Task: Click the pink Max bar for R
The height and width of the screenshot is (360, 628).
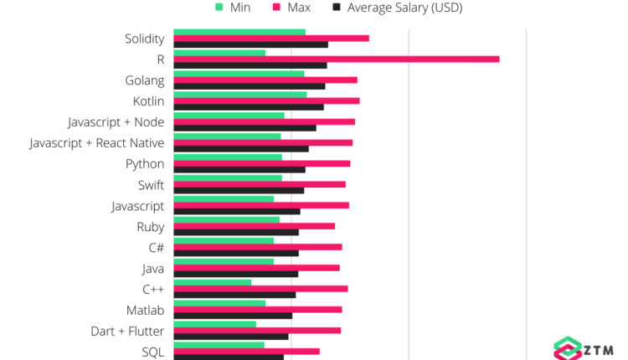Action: pyautogui.click(x=335, y=59)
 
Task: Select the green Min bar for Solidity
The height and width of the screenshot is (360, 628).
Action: pyautogui.click(x=239, y=32)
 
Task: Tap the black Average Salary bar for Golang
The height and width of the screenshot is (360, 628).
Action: pyautogui.click(x=249, y=86)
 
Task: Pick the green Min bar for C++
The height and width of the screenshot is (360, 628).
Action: pyautogui.click(x=212, y=282)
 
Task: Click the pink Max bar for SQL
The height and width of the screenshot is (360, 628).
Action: pyautogui.click(x=246, y=351)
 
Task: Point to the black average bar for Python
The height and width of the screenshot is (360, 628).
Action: pyautogui.click(x=239, y=170)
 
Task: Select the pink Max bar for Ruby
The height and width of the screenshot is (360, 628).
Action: pyautogui.click(x=254, y=226)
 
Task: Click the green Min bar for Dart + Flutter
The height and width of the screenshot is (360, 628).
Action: pyautogui.click(x=214, y=324)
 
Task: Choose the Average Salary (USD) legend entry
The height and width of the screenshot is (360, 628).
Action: pyautogui.click(x=397, y=8)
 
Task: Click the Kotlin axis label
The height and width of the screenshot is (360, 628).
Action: pyautogui.click(x=148, y=101)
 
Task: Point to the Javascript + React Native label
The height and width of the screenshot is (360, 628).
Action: pyautogui.click(x=96, y=143)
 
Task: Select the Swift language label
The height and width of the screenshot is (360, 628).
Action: pyautogui.click(x=151, y=185)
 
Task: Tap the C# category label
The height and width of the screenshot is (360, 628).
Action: pyautogui.click(x=156, y=248)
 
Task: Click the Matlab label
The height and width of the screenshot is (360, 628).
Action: pyautogui.click(x=145, y=311)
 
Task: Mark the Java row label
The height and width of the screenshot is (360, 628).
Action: pyautogui.click(x=153, y=269)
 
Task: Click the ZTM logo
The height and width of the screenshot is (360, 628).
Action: pyautogui.click(x=584, y=348)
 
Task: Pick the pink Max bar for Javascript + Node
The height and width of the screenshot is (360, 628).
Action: pyautogui.click(x=264, y=121)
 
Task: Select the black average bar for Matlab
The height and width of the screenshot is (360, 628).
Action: pyautogui.click(x=233, y=316)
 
